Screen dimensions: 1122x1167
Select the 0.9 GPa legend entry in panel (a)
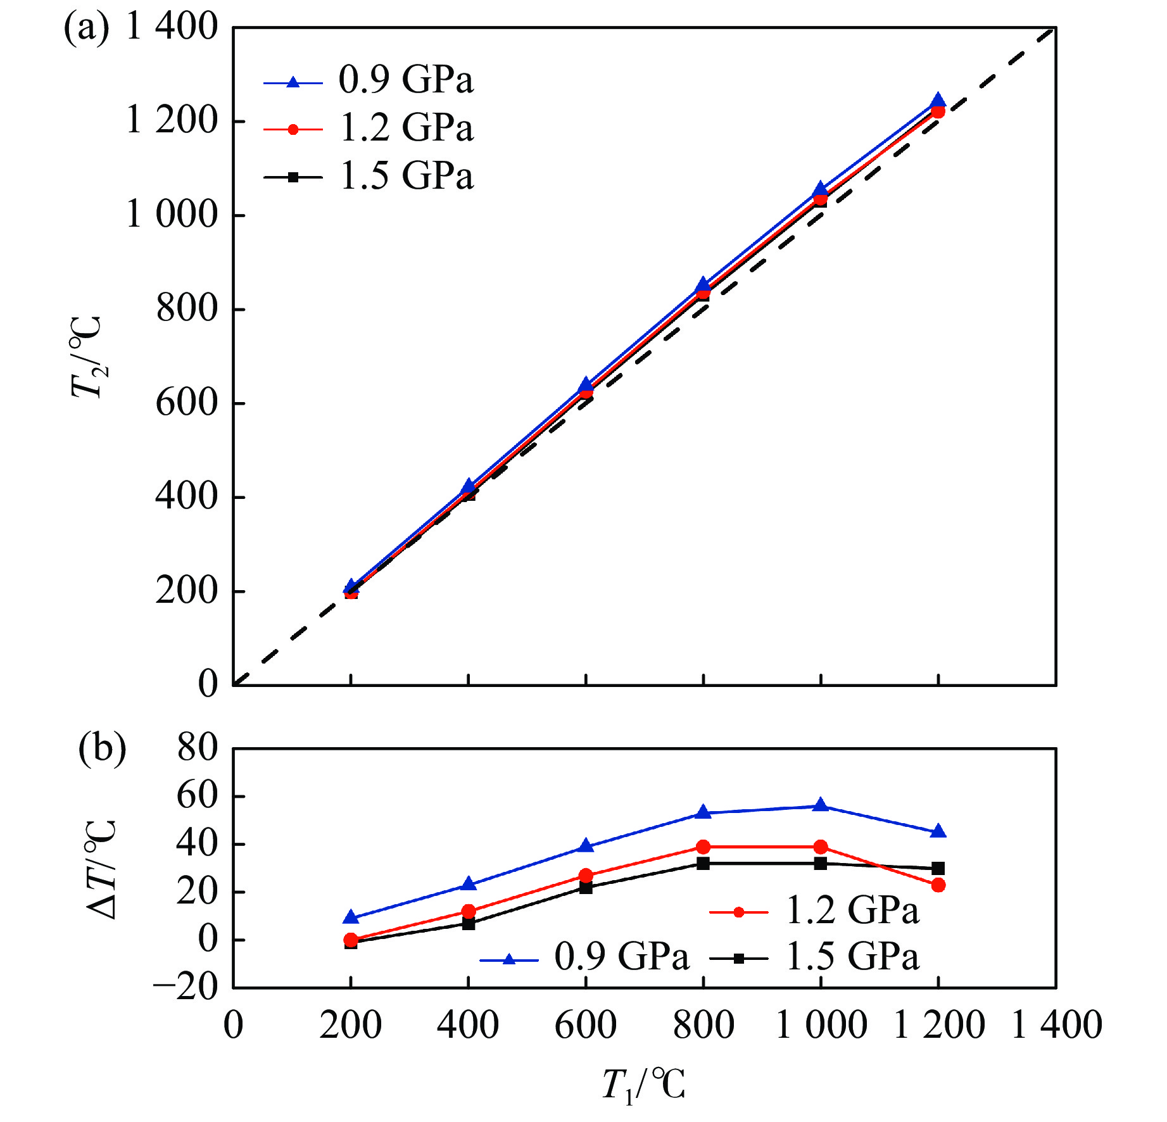[x=368, y=81]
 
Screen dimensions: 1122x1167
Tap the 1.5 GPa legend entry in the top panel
[x=368, y=177]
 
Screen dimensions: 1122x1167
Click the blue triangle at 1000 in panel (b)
[x=821, y=805]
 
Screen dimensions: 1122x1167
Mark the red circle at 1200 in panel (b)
[x=938, y=885]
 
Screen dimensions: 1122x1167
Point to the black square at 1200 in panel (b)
[x=938, y=868]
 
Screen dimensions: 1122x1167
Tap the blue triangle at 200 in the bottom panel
[x=351, y=917]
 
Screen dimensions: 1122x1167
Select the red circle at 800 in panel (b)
[x=703, y=847]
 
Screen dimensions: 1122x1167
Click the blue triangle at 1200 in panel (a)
[x=938, y=101]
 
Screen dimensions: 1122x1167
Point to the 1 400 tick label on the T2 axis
[x=172, y=28]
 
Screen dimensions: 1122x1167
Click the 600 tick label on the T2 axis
[x=187, y=403]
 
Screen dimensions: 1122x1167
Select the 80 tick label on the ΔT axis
[x=197, y=748]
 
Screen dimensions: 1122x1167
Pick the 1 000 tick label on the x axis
[x=821, y=1026]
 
